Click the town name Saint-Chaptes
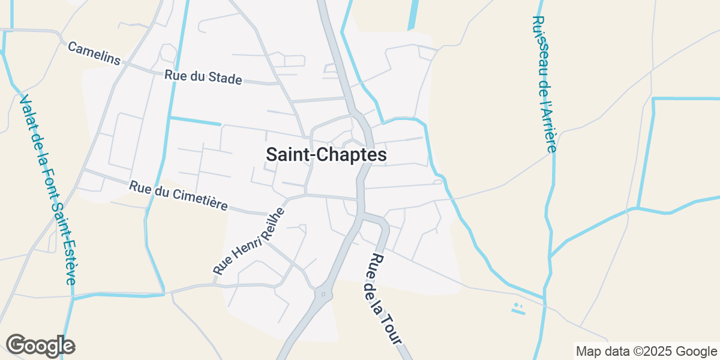pos(326,155)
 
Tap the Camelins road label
pos(94,53)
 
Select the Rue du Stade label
pos(203,77)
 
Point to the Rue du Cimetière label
pos(178,196)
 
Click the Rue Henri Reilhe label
pos(248,241)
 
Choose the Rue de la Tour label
pos(385,299)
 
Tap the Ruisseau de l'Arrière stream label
pos(545,83)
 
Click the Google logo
pos(40,346)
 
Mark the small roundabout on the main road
pos(323,294)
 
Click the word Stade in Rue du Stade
pos(224,79)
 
